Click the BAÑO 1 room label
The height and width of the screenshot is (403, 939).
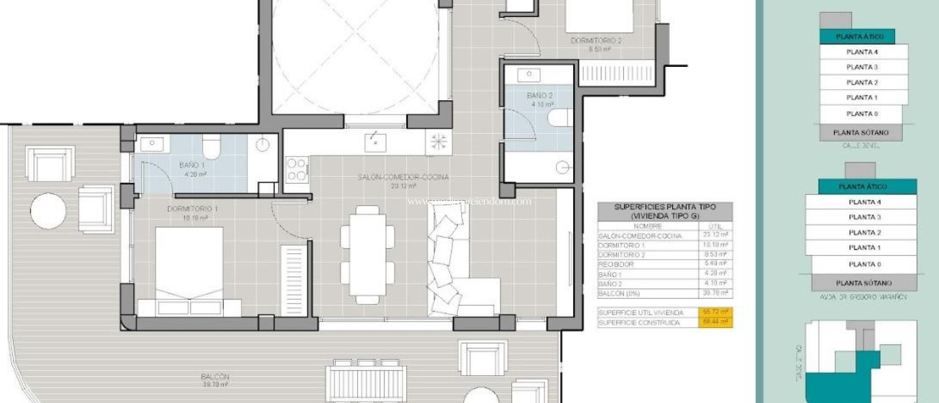pyautogui.click(x=192, y=165)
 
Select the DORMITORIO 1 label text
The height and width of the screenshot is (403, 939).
pyautogui.click(x=192, y=209)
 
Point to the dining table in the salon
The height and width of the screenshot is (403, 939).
pyautogui.click(x=367, y=254)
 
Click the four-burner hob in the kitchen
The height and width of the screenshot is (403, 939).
pyautogui.click(x=296, y=169)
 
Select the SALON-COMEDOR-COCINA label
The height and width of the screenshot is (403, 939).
pyautogui.click(x=403, y=177)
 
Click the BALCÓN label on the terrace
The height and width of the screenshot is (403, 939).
pyautogui.click(x=215, y=377)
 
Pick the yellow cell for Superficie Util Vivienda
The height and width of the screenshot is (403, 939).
pyautogui.click(x=715, y=312)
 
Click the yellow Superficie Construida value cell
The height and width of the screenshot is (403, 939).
pyautogui.click(x=715, y=322)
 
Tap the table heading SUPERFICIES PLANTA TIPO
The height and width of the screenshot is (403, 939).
pyautogui.click(x=664, y=207)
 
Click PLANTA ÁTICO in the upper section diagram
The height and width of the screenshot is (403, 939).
pyautogui.click(x=859, y=37)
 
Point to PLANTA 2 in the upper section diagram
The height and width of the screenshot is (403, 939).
pyautogui.click(x=862, y=82)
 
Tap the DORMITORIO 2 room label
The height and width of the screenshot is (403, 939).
pyautogui.click(x=596, y=41)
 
